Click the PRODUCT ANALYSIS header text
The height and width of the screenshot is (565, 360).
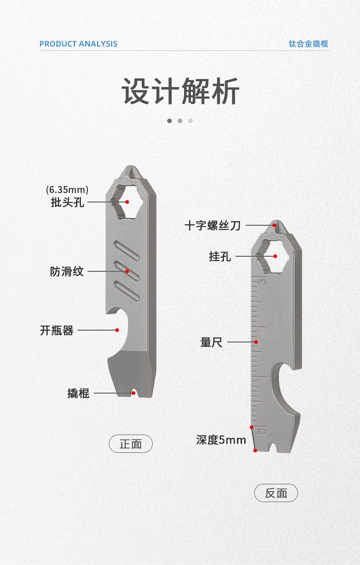coord(78,44)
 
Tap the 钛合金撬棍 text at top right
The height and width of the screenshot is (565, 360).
coord(308,44)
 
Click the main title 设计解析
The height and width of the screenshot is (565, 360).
coord(180,91)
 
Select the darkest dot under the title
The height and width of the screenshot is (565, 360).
coord(170,121)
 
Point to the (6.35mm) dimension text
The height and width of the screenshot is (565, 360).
coord(67,189)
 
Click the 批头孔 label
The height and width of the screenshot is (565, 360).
coord(67,202)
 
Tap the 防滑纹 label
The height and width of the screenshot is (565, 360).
coord(67,272)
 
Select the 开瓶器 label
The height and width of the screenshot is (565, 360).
coord(57,330)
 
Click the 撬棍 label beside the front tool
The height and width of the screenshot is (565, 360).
coord(78,393)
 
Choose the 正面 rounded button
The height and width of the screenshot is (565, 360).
coord(131,444)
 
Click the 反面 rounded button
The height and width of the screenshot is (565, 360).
coord(276,493)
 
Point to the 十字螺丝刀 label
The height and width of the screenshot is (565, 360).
coord(212,225)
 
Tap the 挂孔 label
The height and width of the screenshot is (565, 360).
coord(220,257)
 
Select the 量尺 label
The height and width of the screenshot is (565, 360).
coord(211,342)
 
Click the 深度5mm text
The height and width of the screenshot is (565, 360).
coord(221,440)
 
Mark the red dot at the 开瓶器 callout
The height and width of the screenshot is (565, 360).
coord(117,330)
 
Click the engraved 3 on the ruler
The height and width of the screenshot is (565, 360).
coord(262,282)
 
